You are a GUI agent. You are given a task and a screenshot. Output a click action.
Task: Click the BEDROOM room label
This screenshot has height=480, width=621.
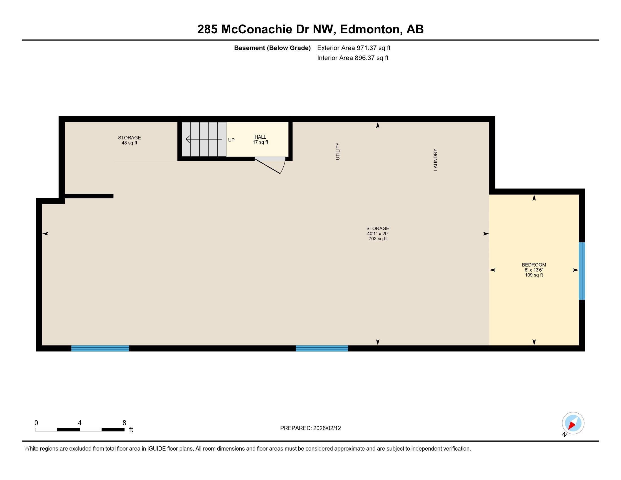click(534, 265)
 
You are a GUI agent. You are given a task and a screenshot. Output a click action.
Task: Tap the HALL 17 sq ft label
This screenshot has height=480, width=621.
click(260, 139)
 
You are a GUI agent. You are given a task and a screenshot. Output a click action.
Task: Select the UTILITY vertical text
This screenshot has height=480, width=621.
click(338, 151)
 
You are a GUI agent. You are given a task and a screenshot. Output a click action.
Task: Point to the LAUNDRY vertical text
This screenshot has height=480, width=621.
click(435, 160)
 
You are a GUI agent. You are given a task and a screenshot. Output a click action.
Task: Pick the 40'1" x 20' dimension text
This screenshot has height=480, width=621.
click(378, 234)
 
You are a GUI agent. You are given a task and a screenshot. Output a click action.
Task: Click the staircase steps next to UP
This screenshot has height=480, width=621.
click(204, 139)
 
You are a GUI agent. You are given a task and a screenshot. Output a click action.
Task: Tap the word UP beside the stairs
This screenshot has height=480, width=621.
click(231, 140)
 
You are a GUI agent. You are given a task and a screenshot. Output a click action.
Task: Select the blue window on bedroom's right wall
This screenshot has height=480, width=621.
click(582, 271)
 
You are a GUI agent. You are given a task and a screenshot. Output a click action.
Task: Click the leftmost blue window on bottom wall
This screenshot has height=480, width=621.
click(100, 348)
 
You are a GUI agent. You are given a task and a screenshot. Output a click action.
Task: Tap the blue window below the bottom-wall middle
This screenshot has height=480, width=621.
click(322, 348)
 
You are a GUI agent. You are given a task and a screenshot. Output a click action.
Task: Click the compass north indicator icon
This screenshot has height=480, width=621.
click(573, 423)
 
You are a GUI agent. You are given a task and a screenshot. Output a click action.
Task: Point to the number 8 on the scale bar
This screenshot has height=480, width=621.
click(124, 423)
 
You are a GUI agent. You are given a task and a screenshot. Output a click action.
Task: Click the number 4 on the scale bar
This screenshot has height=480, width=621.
click(80, 423)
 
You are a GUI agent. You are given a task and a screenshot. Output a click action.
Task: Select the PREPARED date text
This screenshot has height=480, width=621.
click(310, 428)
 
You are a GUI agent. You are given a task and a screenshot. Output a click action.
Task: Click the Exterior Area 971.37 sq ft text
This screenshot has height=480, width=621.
click(354, 48)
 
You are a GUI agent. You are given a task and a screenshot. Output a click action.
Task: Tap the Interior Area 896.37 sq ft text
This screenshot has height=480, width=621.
click(353, 58)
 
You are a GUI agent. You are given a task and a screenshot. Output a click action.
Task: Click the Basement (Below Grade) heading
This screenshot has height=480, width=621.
click(272, 48)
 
